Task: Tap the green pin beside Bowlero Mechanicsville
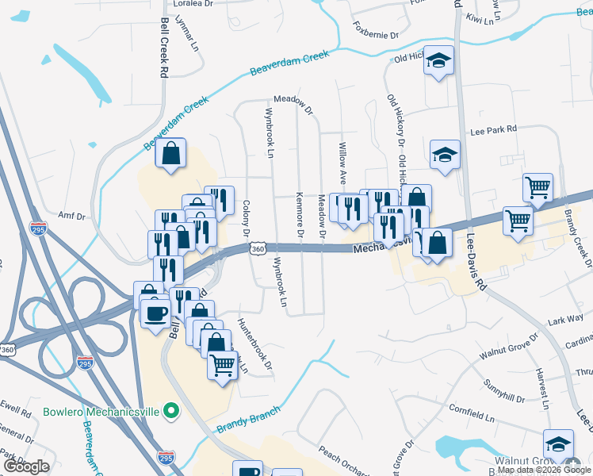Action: (169, 412)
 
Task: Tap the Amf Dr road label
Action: (71, 214)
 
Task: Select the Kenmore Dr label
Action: (300, 214)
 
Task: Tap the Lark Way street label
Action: (565, 319)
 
